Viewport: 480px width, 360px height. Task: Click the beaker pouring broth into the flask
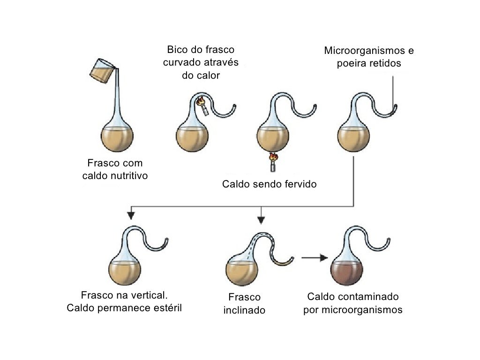pyautogui.click(x=102, y=71)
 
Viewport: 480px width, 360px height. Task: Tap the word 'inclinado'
pyautogui.click(x=244, y=310)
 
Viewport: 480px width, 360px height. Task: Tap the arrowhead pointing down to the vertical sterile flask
pyautogui.click(x=131, y=215)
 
